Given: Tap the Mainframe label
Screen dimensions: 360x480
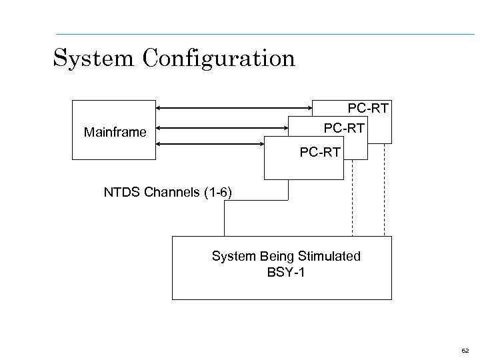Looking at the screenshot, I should click(x=115, y=132).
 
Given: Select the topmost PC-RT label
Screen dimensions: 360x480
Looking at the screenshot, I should click(x=369, y=107).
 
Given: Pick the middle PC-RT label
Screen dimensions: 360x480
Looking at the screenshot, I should click(x=344, y=127).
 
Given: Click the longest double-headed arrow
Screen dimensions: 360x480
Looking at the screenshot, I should click(x=234, y=107).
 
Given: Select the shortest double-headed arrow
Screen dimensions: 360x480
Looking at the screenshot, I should click(x=210, y=143).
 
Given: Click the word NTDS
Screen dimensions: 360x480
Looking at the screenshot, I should click(x=120, y=193).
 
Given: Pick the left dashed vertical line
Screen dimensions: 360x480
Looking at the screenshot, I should click(x=352, y=200).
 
